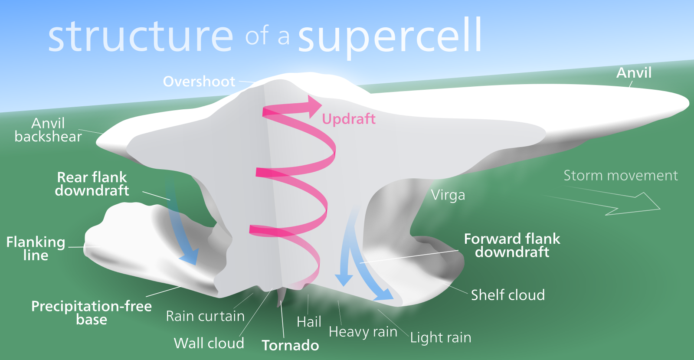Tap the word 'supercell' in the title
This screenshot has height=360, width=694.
point(390,37)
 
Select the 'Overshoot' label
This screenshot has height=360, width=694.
point(199,82)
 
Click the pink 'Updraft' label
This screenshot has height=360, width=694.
point(349,119)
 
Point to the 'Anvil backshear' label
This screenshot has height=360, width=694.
point(48,130)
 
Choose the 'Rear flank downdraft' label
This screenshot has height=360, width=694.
point(92,184)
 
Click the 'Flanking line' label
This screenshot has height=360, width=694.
point(36,249)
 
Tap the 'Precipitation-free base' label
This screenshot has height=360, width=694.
point(92,313)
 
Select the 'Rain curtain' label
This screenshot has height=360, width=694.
point(205,316)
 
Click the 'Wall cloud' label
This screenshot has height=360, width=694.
point(209,343)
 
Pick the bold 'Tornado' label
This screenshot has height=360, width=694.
point(290,345)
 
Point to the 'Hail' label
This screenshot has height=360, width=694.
point(309,322)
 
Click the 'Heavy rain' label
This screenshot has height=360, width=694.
point(363,332)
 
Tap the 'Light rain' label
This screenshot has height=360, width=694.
point(441,337)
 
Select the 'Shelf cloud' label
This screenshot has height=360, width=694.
point(507,295)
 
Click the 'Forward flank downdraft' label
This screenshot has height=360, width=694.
point(512,245)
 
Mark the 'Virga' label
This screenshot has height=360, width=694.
point(448,195)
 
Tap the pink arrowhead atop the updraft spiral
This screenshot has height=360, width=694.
point(314,106)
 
